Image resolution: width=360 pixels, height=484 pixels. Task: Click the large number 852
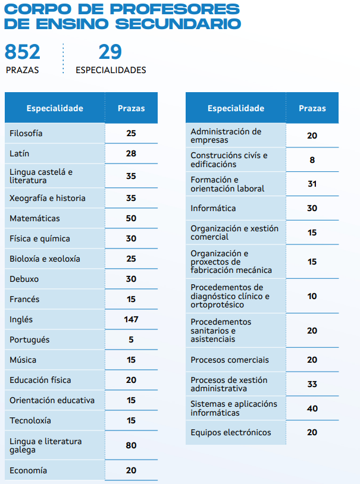coord(23,52)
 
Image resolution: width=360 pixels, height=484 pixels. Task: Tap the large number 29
coord(110,52)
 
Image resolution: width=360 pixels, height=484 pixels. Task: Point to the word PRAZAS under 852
coord(22,70)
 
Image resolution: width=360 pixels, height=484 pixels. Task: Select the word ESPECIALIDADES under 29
coord(111,70)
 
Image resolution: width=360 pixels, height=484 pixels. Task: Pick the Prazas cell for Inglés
coord(131,319)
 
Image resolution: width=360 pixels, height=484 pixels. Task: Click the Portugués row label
coord(30,340)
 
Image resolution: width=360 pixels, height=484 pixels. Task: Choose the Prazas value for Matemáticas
coord(131,218)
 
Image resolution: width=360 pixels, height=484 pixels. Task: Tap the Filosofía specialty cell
coord(26,133)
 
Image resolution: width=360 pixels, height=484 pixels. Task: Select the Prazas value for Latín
coord(131,153)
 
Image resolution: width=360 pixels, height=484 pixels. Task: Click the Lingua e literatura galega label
coord(46,445)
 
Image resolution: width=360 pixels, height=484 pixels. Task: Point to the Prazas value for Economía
coord(131,470)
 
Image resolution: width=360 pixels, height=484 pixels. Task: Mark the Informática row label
coord(213,208)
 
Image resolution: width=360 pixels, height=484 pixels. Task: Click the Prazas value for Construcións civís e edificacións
coord(312,160)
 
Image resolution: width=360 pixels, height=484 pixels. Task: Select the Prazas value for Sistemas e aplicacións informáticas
coord(312,408)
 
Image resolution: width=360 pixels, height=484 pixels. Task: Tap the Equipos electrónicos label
coord(230,432)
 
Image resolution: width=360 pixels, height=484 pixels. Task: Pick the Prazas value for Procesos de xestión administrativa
coord(312,384)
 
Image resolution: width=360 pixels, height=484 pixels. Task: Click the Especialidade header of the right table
coord(236,108)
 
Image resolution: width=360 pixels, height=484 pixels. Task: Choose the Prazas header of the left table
coord(131,108)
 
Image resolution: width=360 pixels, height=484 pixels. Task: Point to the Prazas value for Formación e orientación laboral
coord(312,184)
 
